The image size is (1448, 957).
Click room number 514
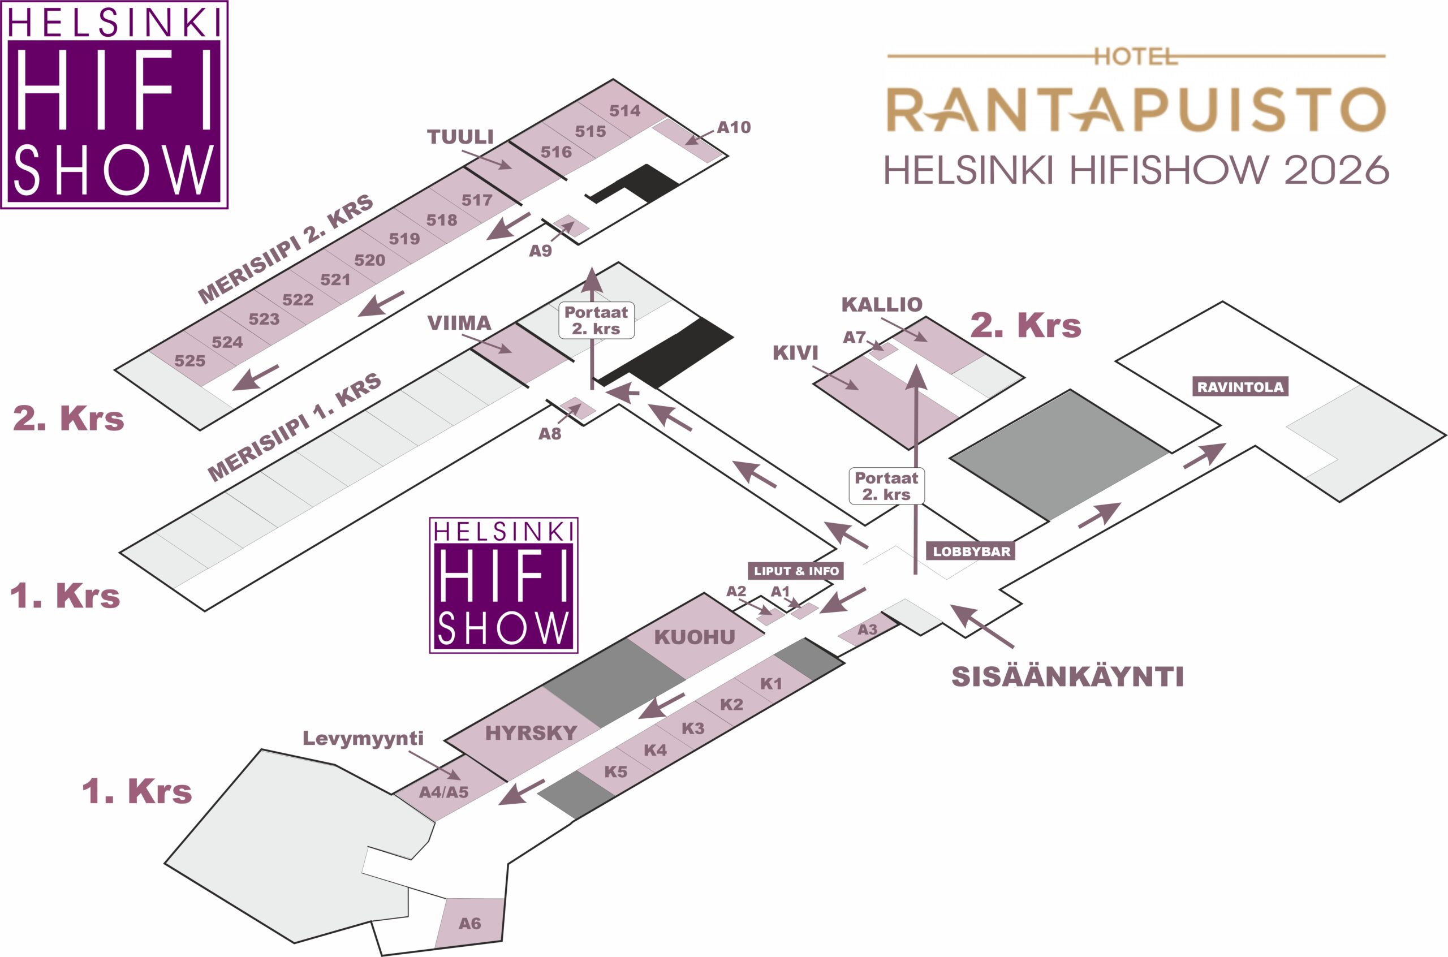click(x=624, y=110)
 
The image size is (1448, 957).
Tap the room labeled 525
click(x=190, y=361)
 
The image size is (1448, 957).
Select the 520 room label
click(x=369, y=260)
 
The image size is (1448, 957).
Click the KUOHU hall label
click(x=695, y=637)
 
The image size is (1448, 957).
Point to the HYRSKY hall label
click(x=531, y=732)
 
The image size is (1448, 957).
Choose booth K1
click(x=771, y=684)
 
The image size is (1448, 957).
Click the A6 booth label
click(x=469, y=923)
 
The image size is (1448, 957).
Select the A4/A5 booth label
click(x=443, y=792)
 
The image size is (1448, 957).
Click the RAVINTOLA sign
click(x=1240, y=387)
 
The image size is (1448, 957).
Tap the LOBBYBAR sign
click(x=971, y=551)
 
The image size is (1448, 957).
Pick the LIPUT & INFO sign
click(x=796, y=571)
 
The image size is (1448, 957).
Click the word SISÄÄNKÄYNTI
click(x=1067, y=677)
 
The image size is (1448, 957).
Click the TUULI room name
click(x=460, y=137)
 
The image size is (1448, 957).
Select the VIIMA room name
click(x=459, y=323)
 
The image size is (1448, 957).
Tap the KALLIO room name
click(x=882, y=304)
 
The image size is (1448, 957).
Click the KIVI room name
click(x=795, y=352)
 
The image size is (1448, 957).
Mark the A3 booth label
click(x=867, y=630)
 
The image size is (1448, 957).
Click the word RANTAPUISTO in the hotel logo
click(x=1136, y=110)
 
